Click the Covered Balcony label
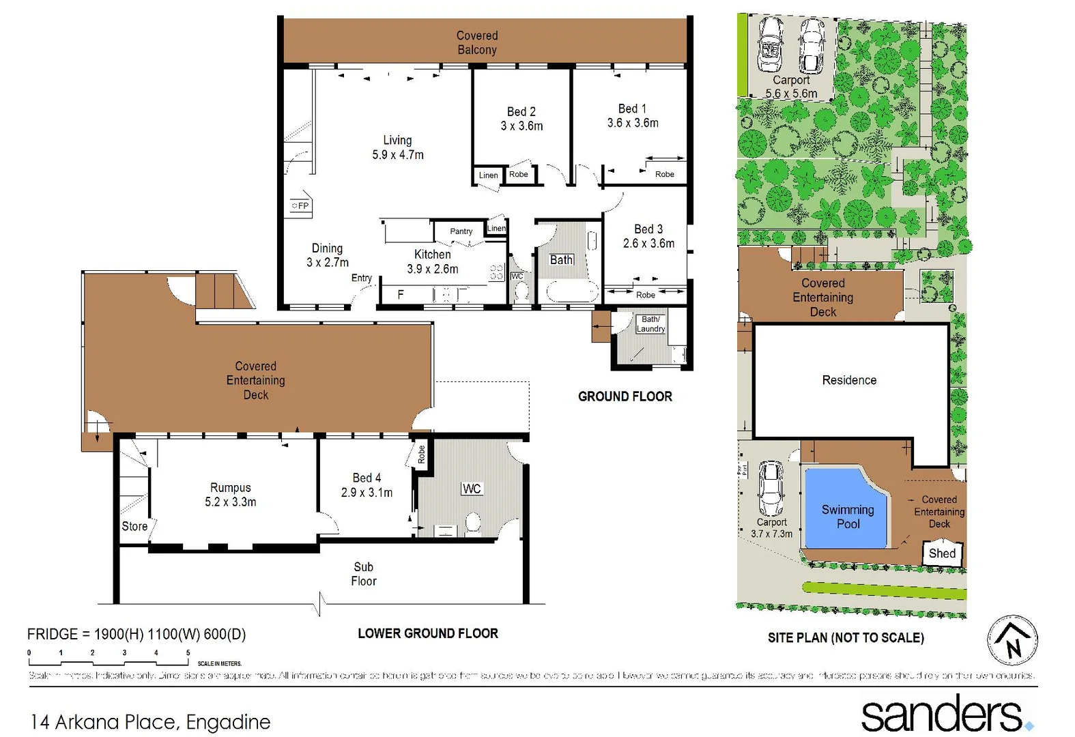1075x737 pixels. tap(476, 42)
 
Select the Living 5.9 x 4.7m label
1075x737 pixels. tap(397, 147)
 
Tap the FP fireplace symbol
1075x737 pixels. tap(300, 205)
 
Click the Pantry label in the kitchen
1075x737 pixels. tap(461, 231)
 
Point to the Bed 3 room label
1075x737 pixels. tap(648, 236)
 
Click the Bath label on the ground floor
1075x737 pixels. tap(561, 260)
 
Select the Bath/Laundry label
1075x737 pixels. tap(650, 324)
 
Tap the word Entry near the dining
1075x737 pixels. tap(361, 278)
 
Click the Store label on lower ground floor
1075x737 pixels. tap(134, 526)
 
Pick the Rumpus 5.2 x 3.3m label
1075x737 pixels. tap(230, 495)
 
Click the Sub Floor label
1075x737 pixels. tap(363, 574)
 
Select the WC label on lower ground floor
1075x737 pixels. tap(471, 489)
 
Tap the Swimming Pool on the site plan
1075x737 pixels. tap(847, 517)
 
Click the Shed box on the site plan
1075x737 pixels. tap(942, 553)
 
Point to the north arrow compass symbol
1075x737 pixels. tap(1012, 641)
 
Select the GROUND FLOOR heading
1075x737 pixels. tap(625, 396)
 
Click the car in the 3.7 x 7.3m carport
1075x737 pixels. tap(771, 489)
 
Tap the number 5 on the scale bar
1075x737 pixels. tap(188, 653)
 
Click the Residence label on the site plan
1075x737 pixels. tap(848, 380)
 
